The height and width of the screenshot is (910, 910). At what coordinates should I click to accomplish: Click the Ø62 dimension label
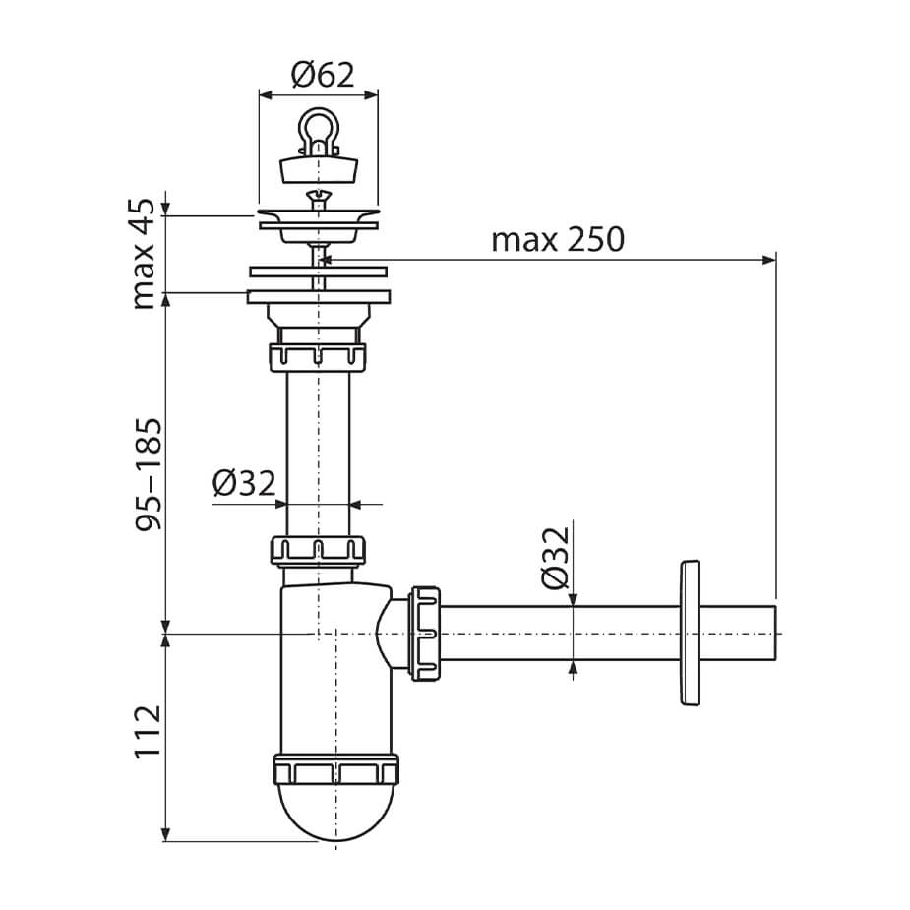pos(322,75)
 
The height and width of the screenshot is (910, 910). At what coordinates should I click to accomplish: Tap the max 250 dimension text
pos(558,239)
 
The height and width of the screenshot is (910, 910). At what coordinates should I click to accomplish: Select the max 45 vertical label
pos(144,254)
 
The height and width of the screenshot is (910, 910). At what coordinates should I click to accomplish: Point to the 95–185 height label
pos(148,473)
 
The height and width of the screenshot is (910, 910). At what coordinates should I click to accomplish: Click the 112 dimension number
pos(148,731)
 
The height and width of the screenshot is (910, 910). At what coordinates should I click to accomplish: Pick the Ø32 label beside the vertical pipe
pos(244,483)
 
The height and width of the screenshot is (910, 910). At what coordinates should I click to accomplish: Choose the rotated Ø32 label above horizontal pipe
pos(556,558)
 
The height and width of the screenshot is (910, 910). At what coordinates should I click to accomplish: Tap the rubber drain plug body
pos(318,169)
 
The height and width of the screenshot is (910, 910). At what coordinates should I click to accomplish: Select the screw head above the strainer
pos(318,198)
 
